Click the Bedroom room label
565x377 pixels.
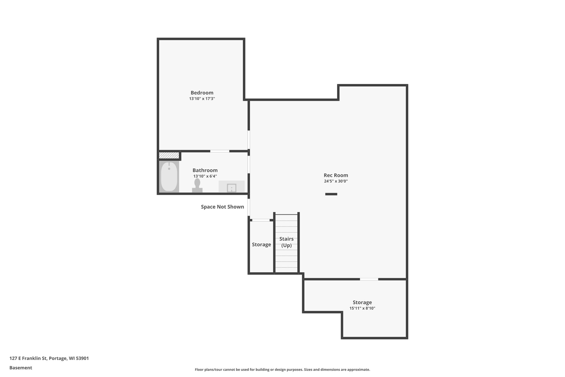[202, 93]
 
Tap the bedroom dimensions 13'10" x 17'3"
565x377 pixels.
[202, 99]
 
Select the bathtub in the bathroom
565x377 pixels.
[169, 176]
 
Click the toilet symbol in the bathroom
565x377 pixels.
[197, 185]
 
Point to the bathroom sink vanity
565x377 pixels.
[231, 187]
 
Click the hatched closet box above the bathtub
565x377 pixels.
[169, 155]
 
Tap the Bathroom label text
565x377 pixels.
[205, 170]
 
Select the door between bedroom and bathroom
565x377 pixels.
[220, 151]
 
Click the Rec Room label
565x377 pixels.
[336, 175]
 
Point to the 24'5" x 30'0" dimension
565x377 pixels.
[336, 181]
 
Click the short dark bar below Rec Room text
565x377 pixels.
[331, 194]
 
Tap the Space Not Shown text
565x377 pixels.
[222, 207]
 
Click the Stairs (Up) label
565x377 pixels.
[286, 242]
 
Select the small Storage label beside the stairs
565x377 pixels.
[261, 245]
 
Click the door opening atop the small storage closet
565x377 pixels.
[261, 220]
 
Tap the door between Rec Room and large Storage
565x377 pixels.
[369, 279]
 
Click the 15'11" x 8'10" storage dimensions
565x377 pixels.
[362, 308]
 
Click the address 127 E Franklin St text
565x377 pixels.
[49, 358]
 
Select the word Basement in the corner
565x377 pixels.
[21, 368]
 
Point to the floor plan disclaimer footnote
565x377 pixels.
[282, 370]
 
